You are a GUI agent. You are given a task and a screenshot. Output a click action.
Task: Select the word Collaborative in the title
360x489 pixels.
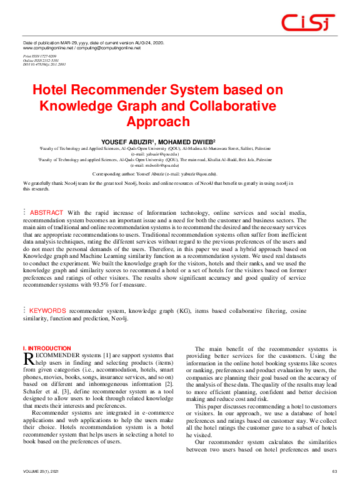222,106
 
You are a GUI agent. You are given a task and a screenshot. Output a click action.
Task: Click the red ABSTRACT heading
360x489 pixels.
46,213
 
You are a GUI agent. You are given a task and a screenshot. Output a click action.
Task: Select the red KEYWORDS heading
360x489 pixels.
47,310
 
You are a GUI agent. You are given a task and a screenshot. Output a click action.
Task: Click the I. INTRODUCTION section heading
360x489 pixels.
47,348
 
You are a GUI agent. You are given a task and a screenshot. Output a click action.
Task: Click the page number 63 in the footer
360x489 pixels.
334,471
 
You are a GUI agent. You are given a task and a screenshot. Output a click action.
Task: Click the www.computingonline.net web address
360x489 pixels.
46,48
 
